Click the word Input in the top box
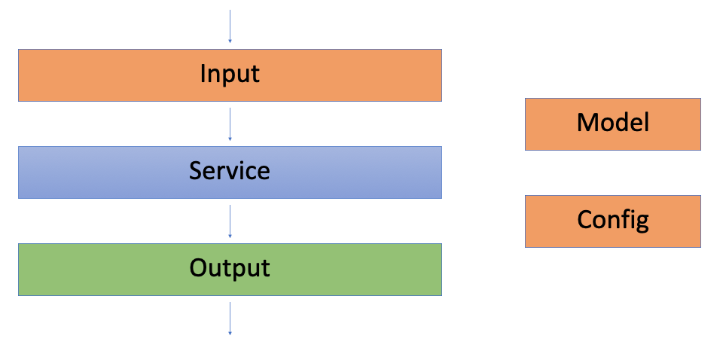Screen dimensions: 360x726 (x=230, y=75)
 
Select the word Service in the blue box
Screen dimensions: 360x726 (x=230, y=171)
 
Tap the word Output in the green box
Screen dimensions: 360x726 (x=230, y=268)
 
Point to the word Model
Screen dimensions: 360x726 (x=612, y=122)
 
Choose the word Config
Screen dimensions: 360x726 (x=612, y=219)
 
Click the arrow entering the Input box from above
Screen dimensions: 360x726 (x=230, y=26)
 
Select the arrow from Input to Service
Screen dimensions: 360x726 (x=230, y=124)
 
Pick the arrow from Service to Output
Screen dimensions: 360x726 (x=230, y=221)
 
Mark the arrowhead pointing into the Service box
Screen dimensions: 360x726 (x=230, y=139)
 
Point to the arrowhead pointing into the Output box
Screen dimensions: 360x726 (x=230, y=236)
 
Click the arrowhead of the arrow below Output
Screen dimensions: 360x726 (x=230, y=332)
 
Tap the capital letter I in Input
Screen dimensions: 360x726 (x=203, y=74)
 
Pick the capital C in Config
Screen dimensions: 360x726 (x=585, y=219)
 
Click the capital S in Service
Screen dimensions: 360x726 (x=196, y=171)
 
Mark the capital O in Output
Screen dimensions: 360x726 (x=198, y=268)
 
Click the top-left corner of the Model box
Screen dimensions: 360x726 (x=526, y=99)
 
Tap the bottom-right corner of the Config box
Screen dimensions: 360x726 (x=700, y=247)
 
